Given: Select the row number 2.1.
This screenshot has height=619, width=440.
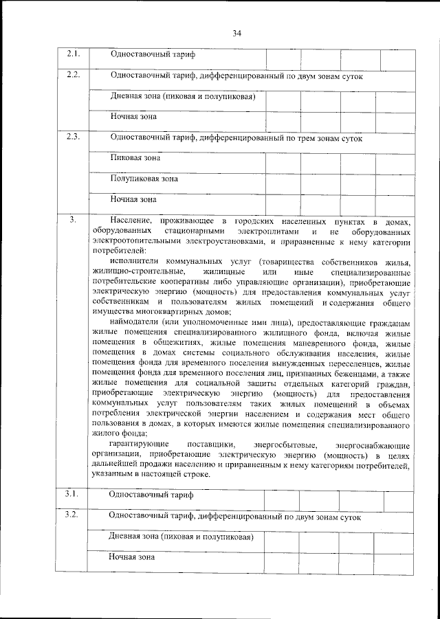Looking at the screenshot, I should (x=74, y=54).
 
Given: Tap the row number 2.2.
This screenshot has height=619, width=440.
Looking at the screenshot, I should (x=74, y=74).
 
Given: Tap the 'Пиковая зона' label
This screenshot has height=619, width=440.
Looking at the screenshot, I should (x=135, y=157).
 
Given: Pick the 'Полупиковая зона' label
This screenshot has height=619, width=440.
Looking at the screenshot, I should (x=144, y=179).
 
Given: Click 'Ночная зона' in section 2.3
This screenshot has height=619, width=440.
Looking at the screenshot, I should (x=133, y=200).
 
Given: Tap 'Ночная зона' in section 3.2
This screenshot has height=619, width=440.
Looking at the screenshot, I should (x=132, y=557).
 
